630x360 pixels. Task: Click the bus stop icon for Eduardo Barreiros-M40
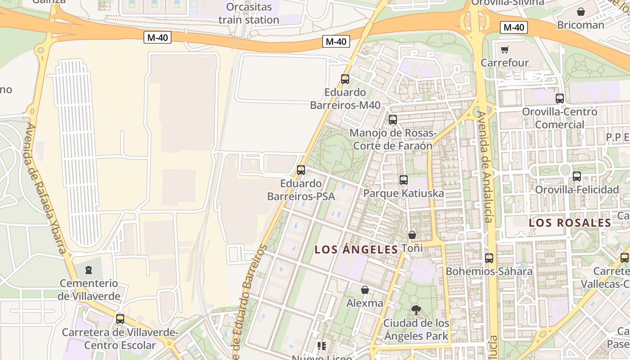[345, 79]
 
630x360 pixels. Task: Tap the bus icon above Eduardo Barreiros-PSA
[301, 170]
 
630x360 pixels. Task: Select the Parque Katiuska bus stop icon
[404, 180]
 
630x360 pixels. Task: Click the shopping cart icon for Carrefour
[505, 49]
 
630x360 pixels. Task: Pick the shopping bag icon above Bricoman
[581, 12]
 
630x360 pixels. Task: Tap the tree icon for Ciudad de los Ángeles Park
[416, 310]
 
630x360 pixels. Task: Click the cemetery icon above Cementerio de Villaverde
[89, 270]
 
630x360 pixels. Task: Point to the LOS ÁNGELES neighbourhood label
[356, 249]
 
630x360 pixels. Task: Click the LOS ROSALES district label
[570, 223]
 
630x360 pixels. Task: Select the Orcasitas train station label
[249, 13]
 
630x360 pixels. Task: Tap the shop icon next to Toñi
[412, 235]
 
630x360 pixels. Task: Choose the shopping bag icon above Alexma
[365, 290]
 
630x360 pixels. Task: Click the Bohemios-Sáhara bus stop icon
[489, 258]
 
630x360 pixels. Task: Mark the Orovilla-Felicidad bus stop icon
[577, 176]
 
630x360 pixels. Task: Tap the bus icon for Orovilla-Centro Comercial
[560, 98]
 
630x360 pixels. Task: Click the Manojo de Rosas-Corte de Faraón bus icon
[393, 120]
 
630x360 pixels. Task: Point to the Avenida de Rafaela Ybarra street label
[46, 189]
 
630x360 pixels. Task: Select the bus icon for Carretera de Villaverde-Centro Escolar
[120, 319]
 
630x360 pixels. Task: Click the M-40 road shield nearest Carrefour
[513, 27]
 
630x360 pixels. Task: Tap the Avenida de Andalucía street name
[485, 166]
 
